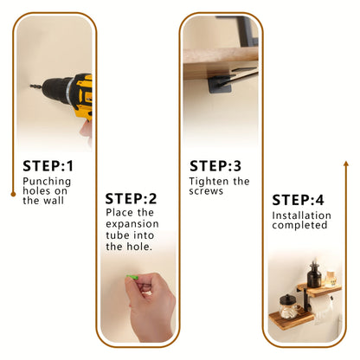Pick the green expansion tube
click(x=132, y=278)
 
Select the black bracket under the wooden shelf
click(x=228, y=82)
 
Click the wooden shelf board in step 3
click(x=216, y=59)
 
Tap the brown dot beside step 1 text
click(x=12, y=194)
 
